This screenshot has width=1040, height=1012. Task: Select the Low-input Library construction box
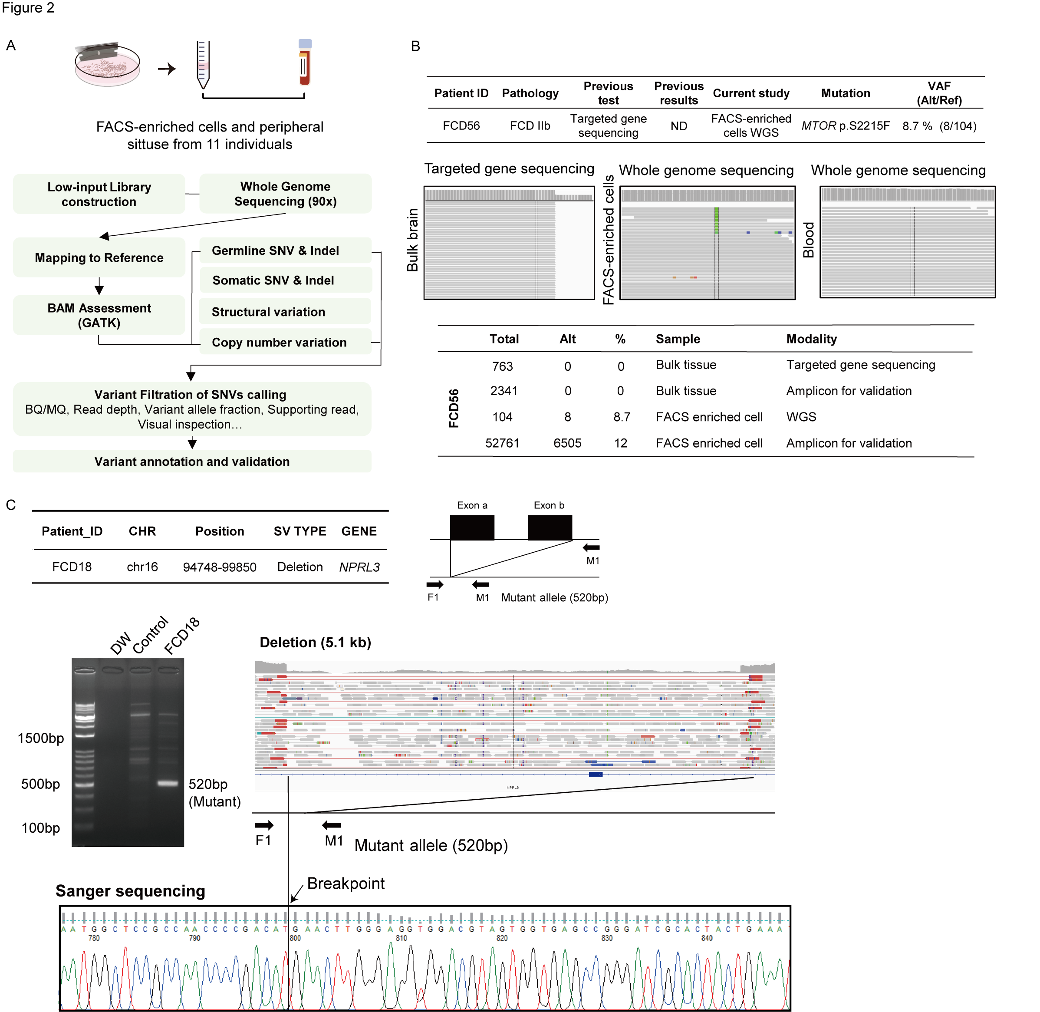point(99,194)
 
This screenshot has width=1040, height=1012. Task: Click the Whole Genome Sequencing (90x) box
point(285,194)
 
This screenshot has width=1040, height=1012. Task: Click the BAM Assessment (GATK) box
point(99,315)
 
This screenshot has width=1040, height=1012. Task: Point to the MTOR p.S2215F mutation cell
point(845,126)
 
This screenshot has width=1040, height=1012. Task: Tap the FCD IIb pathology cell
point(530,126)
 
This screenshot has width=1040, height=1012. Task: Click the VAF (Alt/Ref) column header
point(938,93)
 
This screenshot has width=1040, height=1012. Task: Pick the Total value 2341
point(503,391)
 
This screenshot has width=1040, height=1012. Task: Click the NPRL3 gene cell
point(359,567)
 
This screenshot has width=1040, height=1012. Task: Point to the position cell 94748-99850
point(220,567)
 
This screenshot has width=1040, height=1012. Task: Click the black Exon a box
point(472,527)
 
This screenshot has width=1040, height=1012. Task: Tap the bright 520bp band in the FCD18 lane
point(168,783)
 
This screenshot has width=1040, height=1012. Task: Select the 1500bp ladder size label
point(40,738)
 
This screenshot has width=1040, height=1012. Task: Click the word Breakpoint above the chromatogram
point(346,883)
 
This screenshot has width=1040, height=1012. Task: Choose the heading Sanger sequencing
point(130,891)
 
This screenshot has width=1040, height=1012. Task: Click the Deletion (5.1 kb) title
point(315,643)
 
